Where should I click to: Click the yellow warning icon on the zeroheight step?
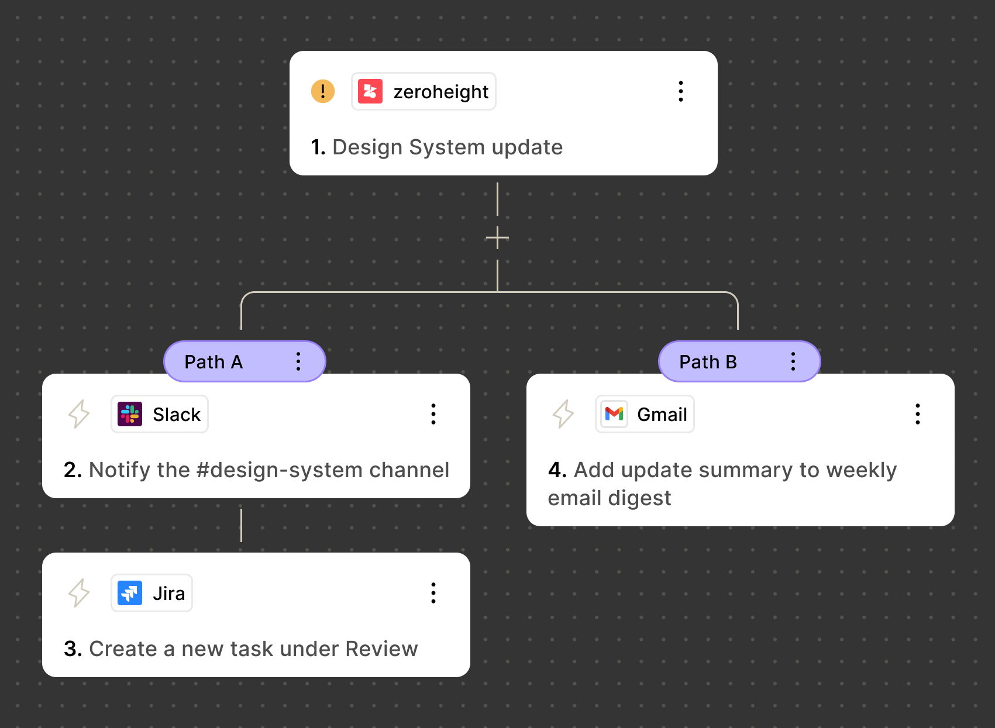click(322, 91)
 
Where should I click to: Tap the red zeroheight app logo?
click(370, 91)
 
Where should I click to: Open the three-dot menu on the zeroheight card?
click(680, 91)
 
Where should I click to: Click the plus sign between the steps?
click(497, 238)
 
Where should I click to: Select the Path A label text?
click(214, 362)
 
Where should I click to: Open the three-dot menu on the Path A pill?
click(298, 362)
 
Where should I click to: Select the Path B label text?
click(708, 362)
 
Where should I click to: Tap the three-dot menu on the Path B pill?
click(793, 362)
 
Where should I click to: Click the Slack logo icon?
click(130, 414)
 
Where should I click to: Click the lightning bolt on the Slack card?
click(79, 414)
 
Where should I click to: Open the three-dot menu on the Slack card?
click(433, 414)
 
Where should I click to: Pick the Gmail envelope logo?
click(614, 414)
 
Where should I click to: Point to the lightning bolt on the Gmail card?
click(563, 414)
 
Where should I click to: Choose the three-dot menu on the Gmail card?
click(918, 414)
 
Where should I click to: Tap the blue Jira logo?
click(130, 593)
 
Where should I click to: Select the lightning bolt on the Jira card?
click(79, 593)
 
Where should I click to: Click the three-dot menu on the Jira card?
click(433, 593)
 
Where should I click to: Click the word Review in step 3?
click(381, 649)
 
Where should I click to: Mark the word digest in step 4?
click(640, 499)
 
